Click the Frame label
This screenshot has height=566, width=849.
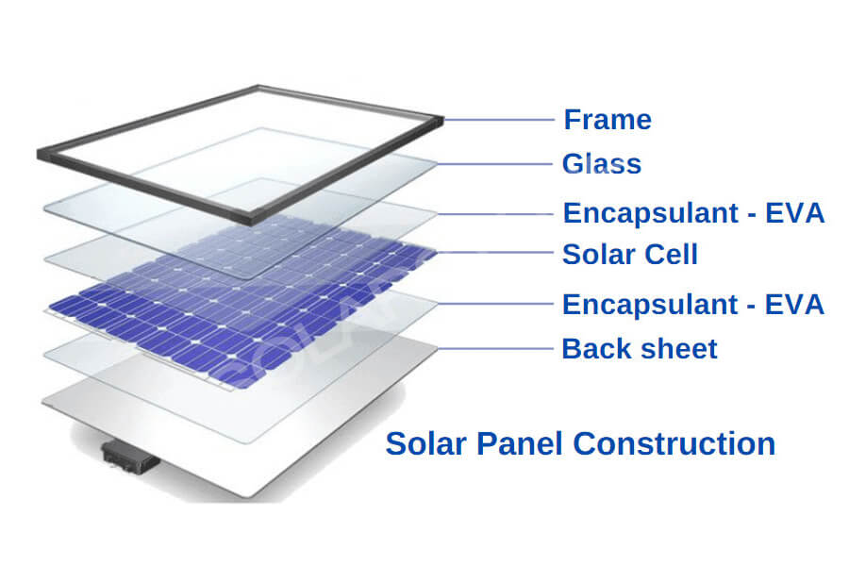[x=608, y=120]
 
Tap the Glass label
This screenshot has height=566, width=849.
[x=602, y=164]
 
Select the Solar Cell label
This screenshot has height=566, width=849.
[x=630, y=255]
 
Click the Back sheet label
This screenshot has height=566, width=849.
[x=640, y=349]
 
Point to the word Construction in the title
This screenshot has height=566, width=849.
[x=674, y=443]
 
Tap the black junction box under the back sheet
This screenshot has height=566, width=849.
[x=130, y=457]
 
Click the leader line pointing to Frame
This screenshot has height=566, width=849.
[x=499, y=120]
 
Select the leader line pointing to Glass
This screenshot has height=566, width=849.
[x=493, y=164]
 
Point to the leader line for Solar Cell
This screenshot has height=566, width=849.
[x=493, y=253]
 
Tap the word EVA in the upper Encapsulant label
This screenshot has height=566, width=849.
[x=794, y=213]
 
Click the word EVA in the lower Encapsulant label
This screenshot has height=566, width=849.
[x=794, y=305]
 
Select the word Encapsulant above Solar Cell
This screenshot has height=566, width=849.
[x=651, y=214]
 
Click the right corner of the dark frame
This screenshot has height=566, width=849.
[x=443, y=120]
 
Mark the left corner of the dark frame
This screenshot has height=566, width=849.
[x=38, y=154]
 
